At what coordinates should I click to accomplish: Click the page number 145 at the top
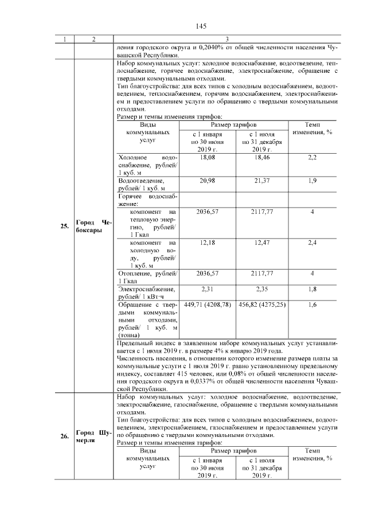pyautogui.click(x=200, y=26)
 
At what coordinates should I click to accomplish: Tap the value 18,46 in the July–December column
pyautogui.click(x=261, y=157)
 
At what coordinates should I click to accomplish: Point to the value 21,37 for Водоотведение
pyautogui.click(x=261, y=181)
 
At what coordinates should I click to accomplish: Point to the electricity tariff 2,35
pyautogui.click(x=261, y=289)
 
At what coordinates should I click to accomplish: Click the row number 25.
pyautogui.click(x=65, y=226)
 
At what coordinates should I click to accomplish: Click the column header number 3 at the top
pyautogui.click(x=227, y=39)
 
